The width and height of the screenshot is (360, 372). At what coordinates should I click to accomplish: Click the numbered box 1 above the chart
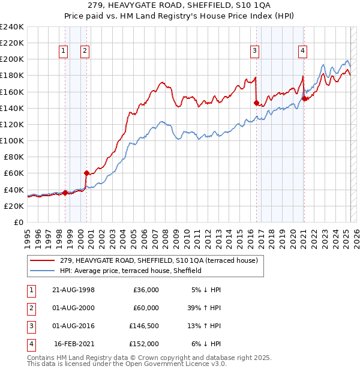coord(63,52)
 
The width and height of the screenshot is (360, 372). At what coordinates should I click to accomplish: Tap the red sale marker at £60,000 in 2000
coord(86,173)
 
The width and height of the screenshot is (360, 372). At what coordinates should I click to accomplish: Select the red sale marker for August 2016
coord(256,103)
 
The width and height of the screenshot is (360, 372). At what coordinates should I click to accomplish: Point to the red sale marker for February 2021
coord(304,98)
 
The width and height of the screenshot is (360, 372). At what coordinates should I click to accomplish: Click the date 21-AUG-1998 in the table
coord(73,290)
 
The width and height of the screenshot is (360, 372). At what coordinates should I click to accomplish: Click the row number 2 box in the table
coord(29,308)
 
